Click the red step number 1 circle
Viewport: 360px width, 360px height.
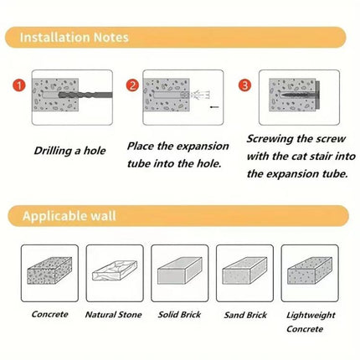point(19,85)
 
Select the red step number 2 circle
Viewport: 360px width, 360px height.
point(132,85)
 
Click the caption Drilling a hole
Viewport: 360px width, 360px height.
point(70,152)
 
